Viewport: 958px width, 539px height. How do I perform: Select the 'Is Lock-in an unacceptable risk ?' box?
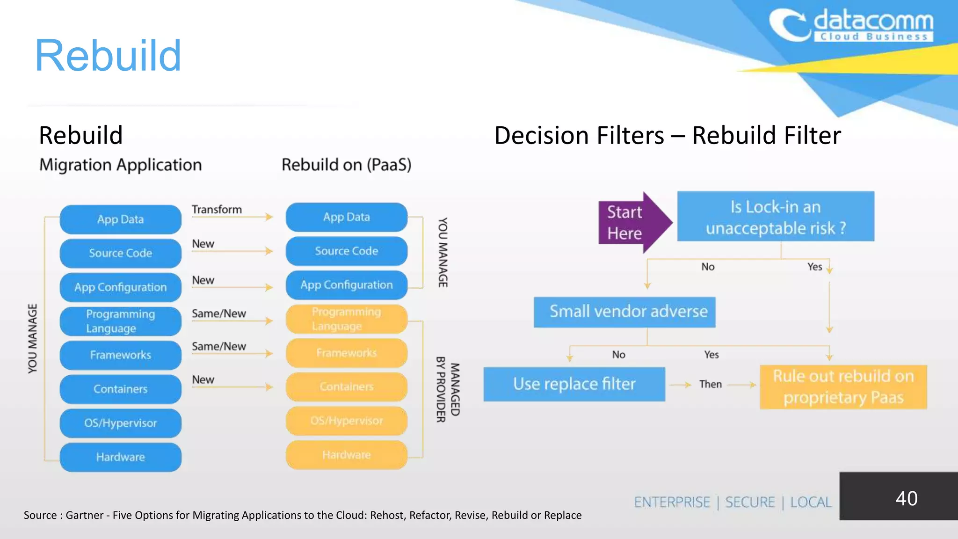point(776,217)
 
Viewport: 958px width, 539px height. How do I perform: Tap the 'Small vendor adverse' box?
point(624,312)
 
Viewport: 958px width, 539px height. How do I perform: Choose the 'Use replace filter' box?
point(574,384)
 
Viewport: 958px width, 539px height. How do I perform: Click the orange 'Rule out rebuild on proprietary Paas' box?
point(843,387)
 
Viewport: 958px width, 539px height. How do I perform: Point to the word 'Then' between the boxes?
point(710,384)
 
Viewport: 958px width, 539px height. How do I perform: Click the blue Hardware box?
point(121,457)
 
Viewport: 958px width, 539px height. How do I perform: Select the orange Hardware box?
point(346,455)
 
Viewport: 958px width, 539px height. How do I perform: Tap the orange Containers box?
point(346,387)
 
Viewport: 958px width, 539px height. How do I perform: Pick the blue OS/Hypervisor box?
point(121,423)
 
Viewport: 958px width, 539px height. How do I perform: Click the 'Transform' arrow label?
point(217,210)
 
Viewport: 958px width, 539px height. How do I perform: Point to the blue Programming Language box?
point(121,321)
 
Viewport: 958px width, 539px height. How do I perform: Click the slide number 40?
point(906,498)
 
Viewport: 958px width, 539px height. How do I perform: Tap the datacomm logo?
point(851,26)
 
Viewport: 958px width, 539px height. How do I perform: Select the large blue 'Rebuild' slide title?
point(108,56)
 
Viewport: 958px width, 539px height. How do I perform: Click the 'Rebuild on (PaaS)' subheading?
point(346,165)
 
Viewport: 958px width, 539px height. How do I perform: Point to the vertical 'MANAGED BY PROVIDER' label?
point(448,389)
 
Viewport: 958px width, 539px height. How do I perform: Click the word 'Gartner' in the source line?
point(84,515)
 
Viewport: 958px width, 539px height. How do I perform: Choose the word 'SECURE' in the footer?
point(750,502)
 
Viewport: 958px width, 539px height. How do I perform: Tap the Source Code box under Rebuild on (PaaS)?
point(346,251)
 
